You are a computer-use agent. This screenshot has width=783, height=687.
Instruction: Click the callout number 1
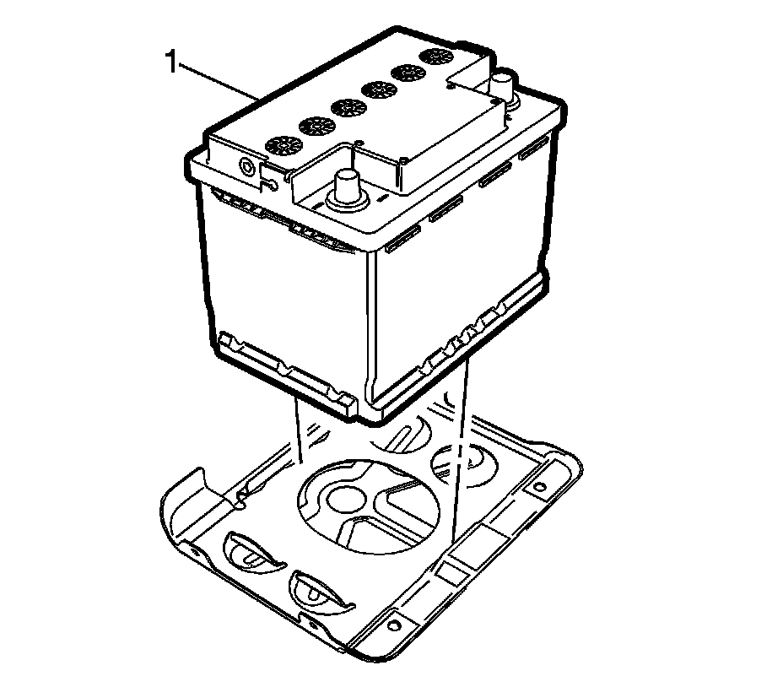171,62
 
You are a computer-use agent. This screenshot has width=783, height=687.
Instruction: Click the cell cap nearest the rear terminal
436,57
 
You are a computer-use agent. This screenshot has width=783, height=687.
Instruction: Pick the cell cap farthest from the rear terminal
283,145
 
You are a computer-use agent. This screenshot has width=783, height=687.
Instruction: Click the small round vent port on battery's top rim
247,165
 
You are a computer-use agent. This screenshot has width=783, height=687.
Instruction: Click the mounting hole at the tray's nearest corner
392,625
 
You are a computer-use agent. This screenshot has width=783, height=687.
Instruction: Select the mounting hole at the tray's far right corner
534,488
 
